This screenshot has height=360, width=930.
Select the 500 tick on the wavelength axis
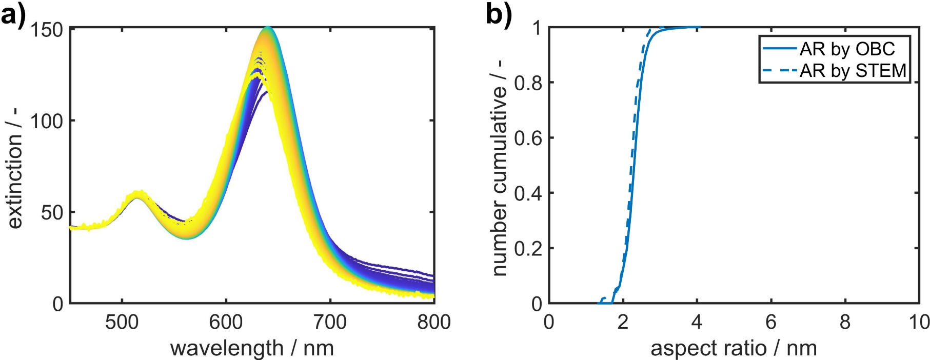pos(122,322)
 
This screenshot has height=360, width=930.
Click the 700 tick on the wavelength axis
pos(330,322)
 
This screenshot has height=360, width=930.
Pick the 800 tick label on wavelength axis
pos(434,322)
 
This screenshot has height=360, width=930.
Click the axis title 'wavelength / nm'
pos(252,348)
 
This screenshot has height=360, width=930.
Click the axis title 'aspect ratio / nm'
pos(734,348)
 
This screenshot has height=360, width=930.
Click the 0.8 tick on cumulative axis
pos(528,83)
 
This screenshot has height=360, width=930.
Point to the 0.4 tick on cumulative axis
pos(528,193)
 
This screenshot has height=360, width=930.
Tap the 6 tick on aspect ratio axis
pos(770,322)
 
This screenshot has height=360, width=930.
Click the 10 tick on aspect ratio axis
pos(918,322)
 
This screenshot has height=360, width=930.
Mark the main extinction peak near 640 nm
pos(267,29)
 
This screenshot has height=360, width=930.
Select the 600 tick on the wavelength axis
pos(226,322)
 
